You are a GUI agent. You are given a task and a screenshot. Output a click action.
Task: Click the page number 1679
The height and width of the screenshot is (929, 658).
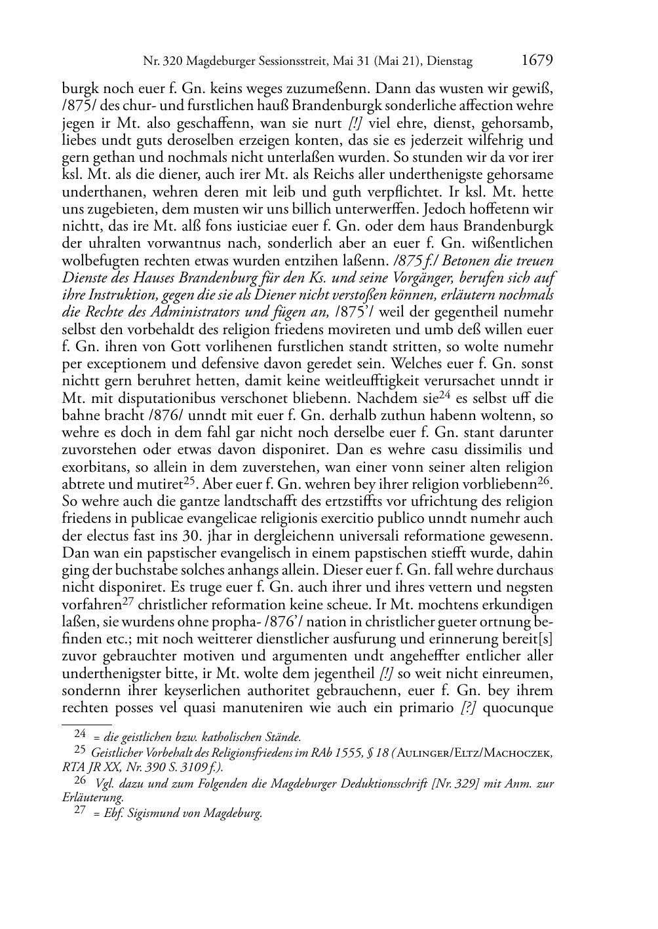point(537,61)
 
